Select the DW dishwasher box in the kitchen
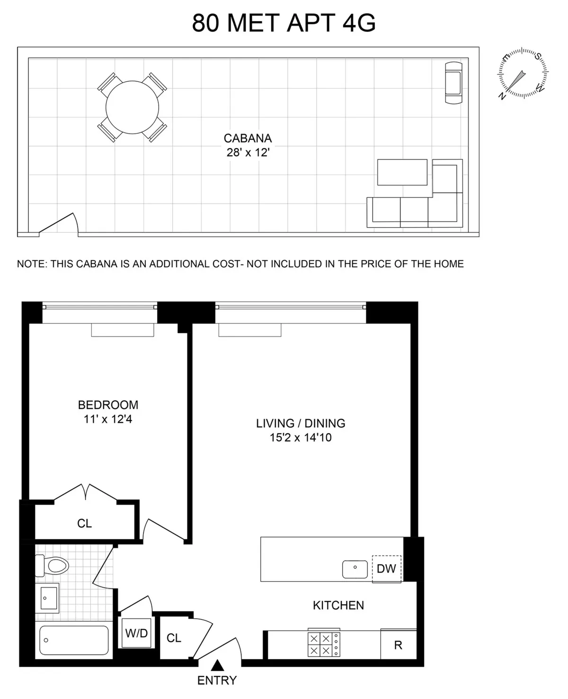(386, 568)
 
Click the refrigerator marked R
(398, 645)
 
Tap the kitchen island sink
(355, 569)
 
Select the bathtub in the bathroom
(74, 640)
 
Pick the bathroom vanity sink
(47, 598)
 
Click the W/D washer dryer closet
(136, 633)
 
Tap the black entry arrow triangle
(217, 665)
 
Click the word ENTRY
(217, 681)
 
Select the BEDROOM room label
(108, 405)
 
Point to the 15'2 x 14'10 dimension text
(301, 438)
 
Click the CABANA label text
(248, 138)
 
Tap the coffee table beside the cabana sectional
(402, 172)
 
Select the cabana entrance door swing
(59, 224)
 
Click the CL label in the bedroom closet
(84, 523)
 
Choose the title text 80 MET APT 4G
(284, 23)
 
